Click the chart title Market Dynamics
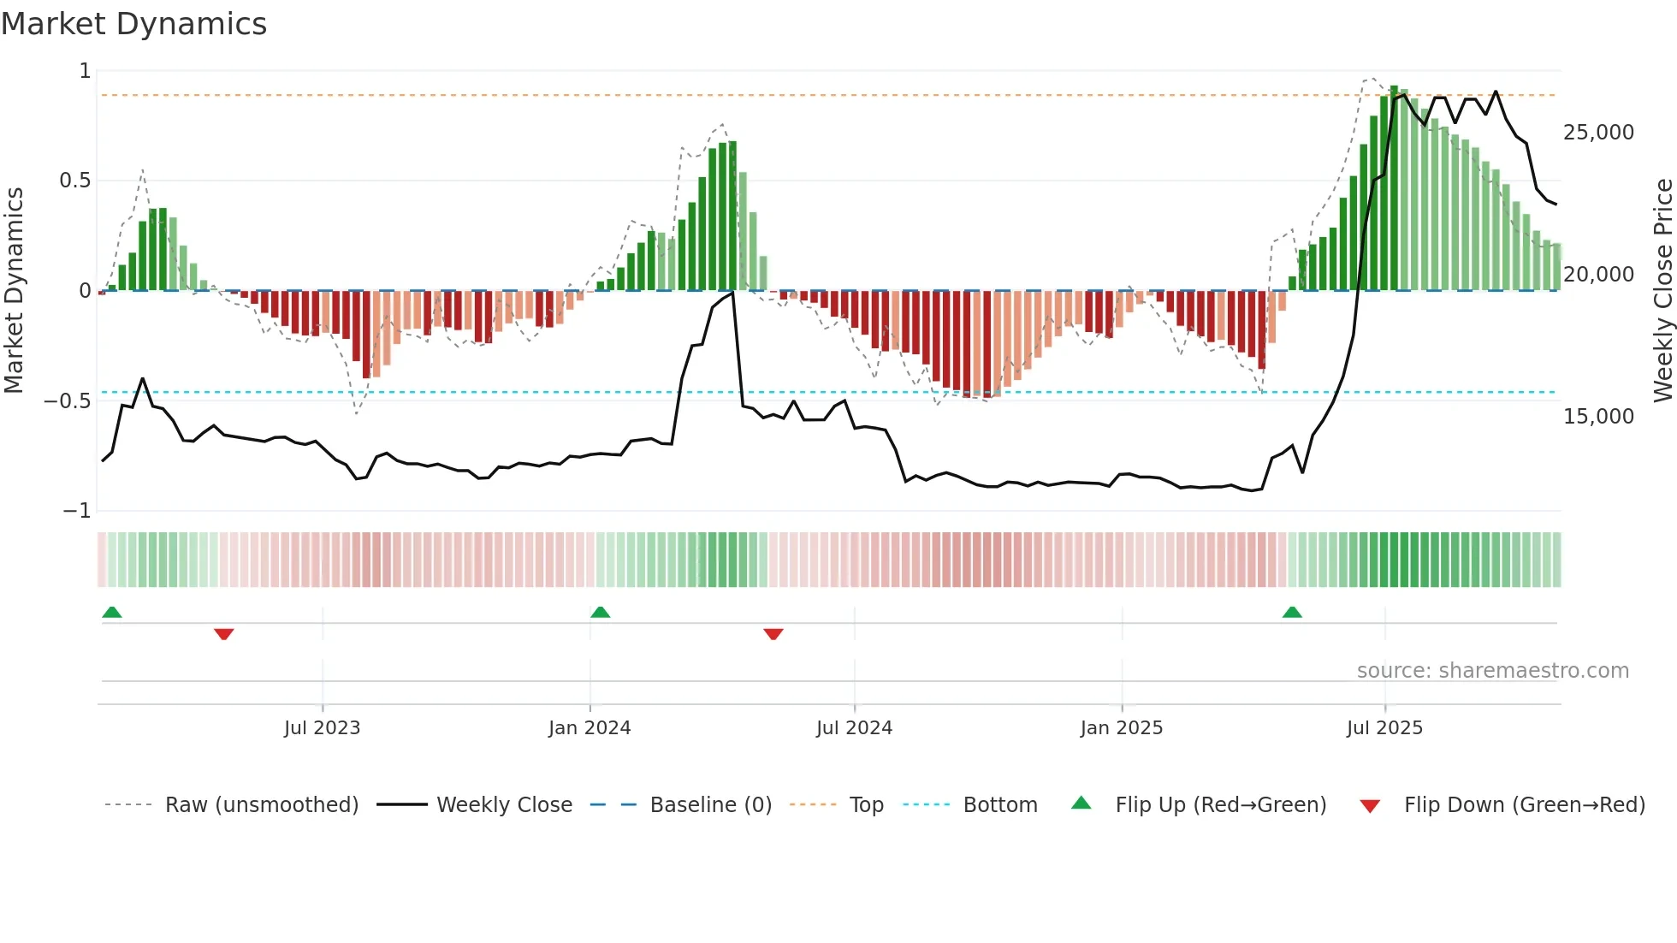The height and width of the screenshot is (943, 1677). [134, 24]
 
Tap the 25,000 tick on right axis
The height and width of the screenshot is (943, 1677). [1598, 133]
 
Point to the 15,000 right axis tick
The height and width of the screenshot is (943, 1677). [1598, 417]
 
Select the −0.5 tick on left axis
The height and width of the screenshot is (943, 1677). [68, 401]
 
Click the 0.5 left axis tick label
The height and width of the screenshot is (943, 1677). [74, 181]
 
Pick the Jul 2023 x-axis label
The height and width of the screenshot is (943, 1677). [322, 728]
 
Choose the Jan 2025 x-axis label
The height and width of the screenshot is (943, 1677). [1121, 728]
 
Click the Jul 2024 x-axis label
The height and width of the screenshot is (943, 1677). [854, 728]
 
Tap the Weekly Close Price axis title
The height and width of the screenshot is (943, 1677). [1662, 290]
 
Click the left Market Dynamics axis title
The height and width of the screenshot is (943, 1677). [15, 290]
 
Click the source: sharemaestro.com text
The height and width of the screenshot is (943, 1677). [1492, 671]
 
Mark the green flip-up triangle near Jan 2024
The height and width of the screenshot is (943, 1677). [601, 613]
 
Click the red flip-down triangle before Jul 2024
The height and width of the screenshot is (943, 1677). [773, 634]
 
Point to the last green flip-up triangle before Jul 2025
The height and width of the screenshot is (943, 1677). [1292, 613]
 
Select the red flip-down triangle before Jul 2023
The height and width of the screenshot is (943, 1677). [224, 634]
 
